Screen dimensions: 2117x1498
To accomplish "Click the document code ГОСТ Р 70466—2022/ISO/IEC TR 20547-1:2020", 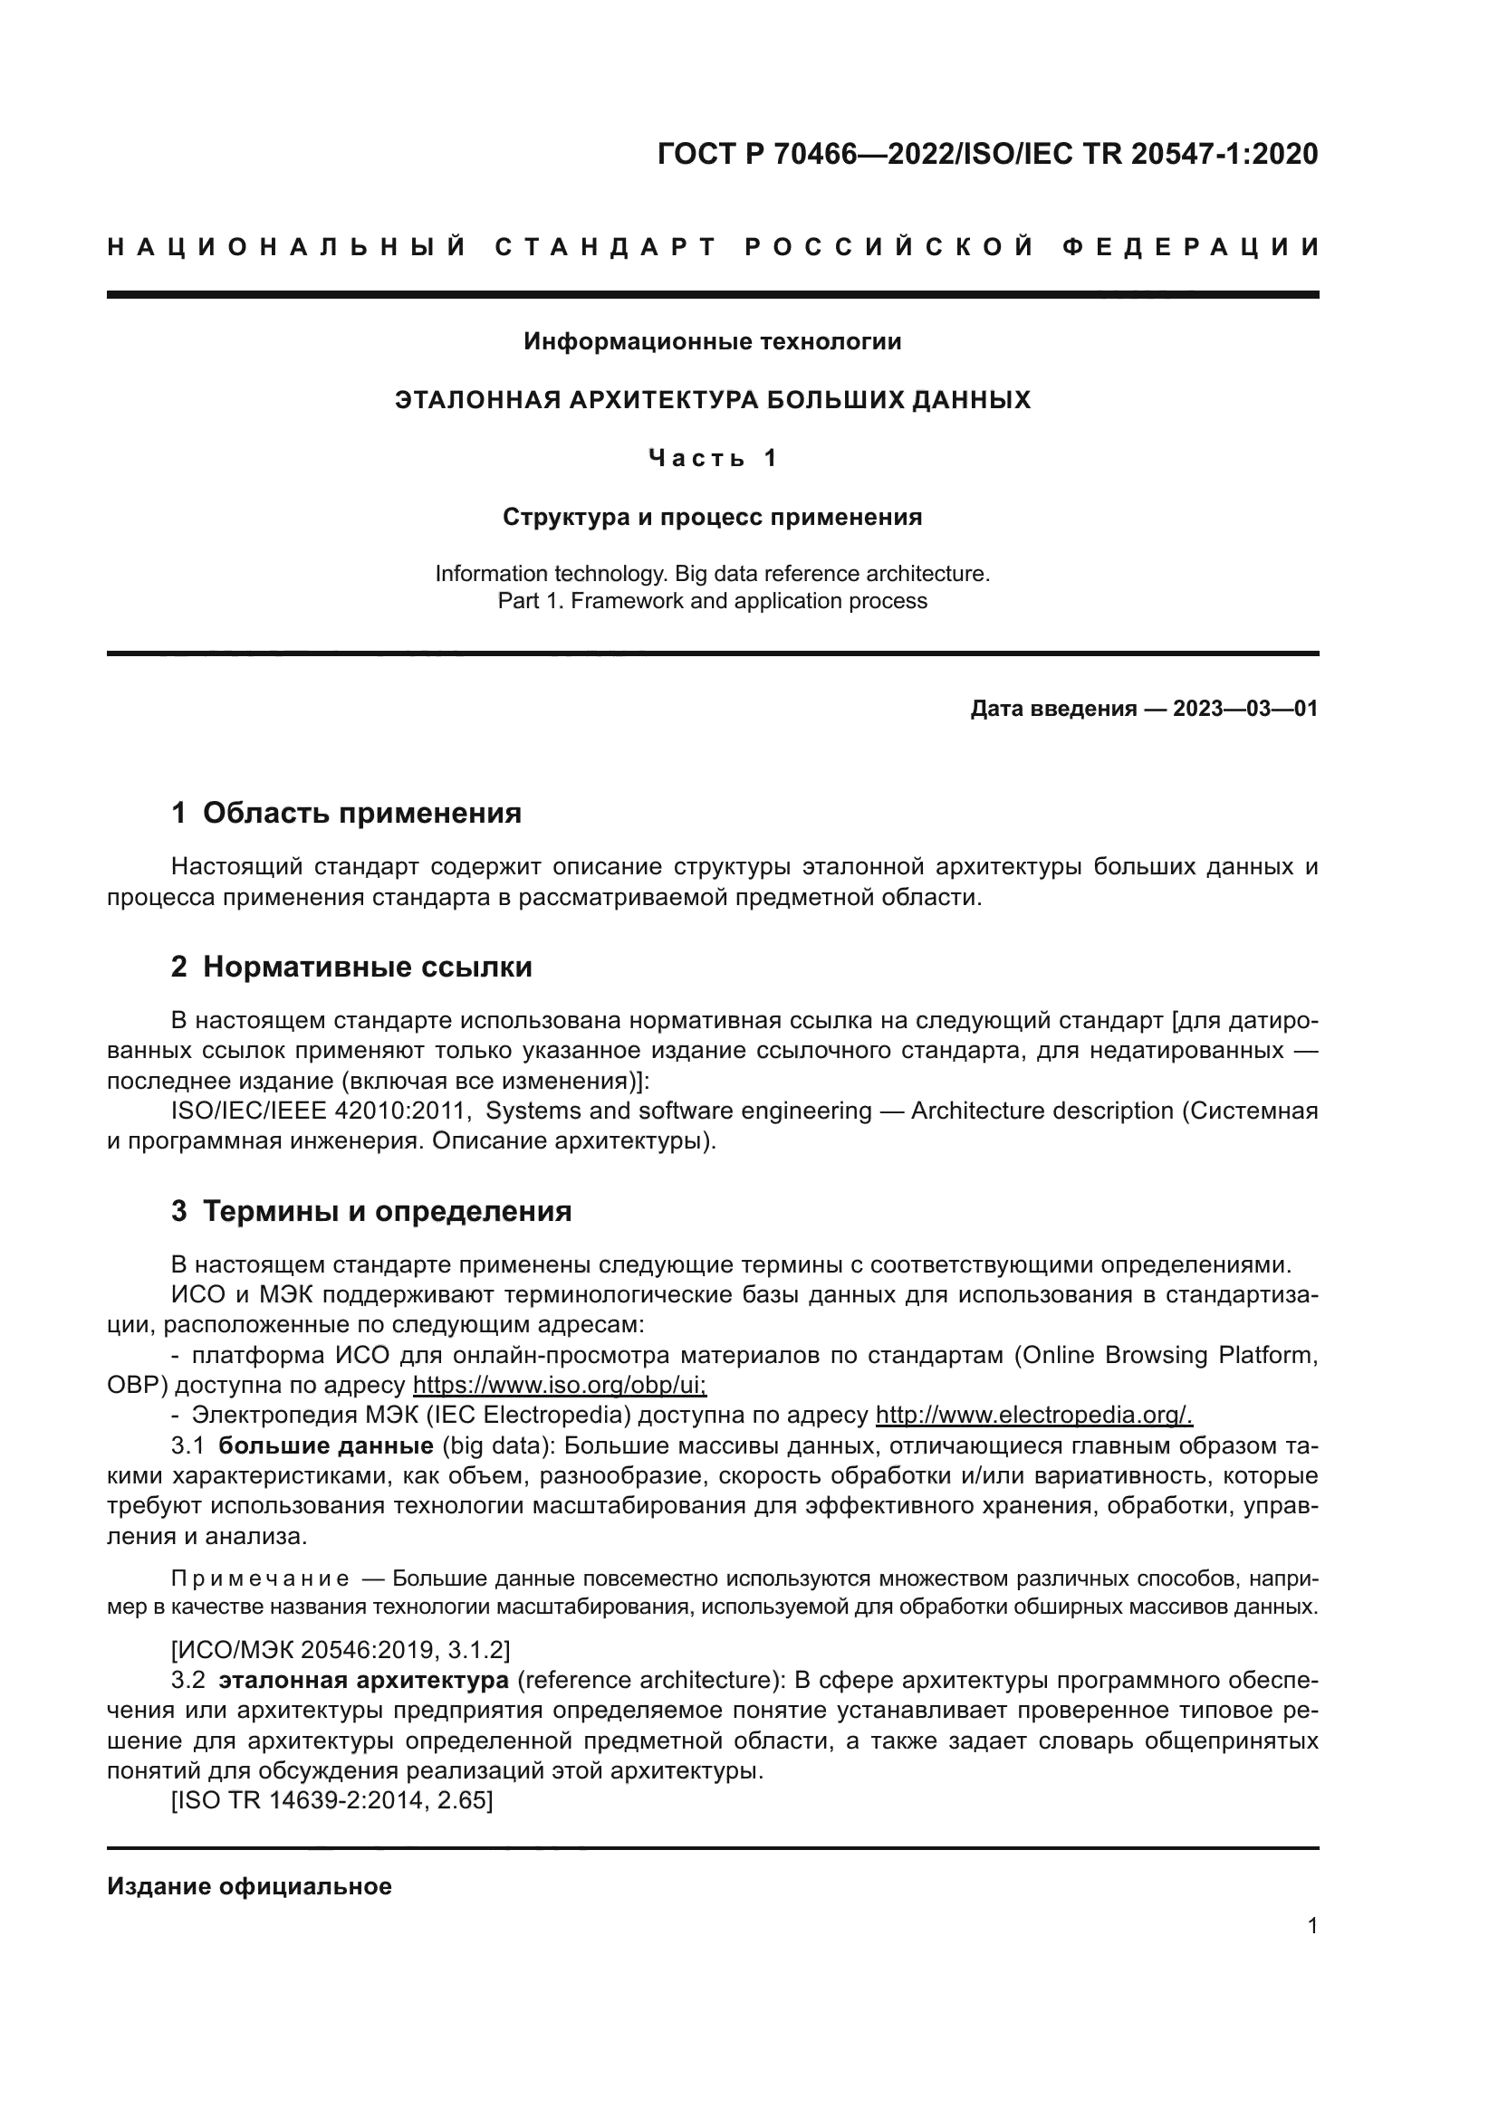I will point(987,154).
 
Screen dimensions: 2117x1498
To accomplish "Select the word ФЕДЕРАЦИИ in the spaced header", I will point(1190,247).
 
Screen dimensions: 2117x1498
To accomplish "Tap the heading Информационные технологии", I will point(712,342).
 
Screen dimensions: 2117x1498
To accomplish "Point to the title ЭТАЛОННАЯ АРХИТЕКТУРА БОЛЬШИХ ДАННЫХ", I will point(712,400).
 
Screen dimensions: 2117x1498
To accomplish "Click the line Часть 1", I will point(712,458).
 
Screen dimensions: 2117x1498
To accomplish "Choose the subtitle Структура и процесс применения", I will point(712,518).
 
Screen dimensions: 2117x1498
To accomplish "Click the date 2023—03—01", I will point(1245,709).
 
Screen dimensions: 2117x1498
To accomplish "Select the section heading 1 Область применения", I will point(346,814).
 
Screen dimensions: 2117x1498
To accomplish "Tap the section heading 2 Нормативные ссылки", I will point(351,968).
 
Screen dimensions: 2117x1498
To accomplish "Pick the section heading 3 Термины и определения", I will point(370,1212).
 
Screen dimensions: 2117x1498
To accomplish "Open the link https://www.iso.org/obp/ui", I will point(559,1385).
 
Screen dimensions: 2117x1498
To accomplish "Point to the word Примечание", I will point(260,1579).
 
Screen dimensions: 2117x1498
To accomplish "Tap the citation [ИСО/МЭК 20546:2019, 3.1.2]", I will point(341,1650).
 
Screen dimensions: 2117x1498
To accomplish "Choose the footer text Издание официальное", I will point(249,1886).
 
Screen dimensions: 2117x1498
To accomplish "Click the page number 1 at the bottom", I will point(1311,1926).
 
